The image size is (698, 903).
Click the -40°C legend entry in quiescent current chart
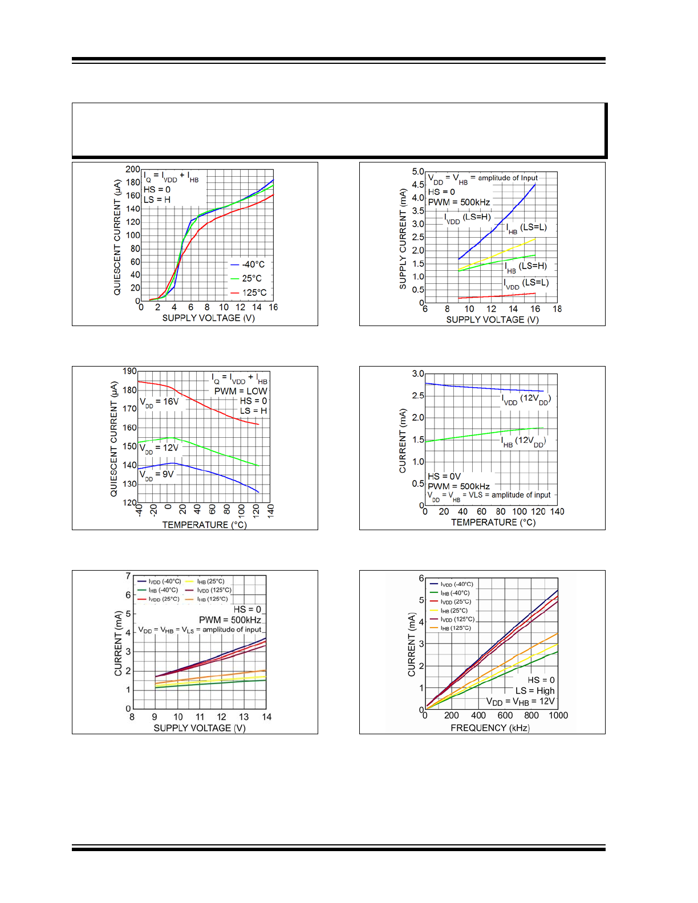248,265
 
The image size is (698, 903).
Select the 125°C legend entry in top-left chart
249,292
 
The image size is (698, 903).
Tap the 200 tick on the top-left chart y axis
132,169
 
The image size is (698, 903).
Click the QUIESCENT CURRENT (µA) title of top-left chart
117,237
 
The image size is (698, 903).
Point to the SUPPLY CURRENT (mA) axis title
403,239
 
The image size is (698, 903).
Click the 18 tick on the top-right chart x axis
557,309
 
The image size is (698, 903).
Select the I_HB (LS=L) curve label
526,227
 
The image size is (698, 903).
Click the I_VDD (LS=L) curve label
526,283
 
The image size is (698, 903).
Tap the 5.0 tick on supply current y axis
418,172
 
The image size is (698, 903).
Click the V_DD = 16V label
159,402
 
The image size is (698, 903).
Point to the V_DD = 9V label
157,475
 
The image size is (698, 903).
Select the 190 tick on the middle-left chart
129,371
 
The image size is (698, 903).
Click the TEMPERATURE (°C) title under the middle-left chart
204,524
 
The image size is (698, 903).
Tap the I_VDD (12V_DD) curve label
526,399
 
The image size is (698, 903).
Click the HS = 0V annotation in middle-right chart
444,477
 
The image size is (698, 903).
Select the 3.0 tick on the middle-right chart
418,374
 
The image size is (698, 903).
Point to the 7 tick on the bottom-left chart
128,576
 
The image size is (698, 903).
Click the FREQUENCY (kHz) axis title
490,728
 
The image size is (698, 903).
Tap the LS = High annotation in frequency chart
535,690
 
